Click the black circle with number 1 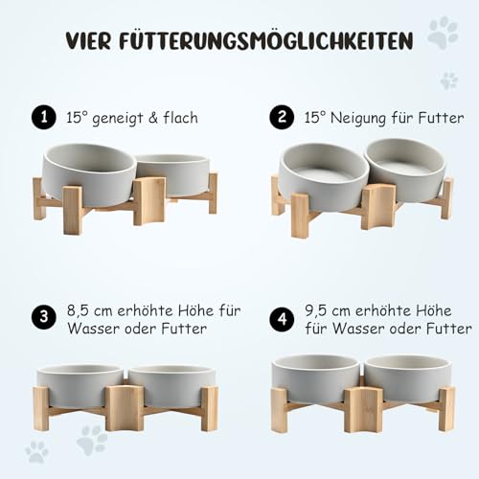[40, 117]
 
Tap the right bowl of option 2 [404, 169]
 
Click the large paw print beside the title [442, 34]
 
